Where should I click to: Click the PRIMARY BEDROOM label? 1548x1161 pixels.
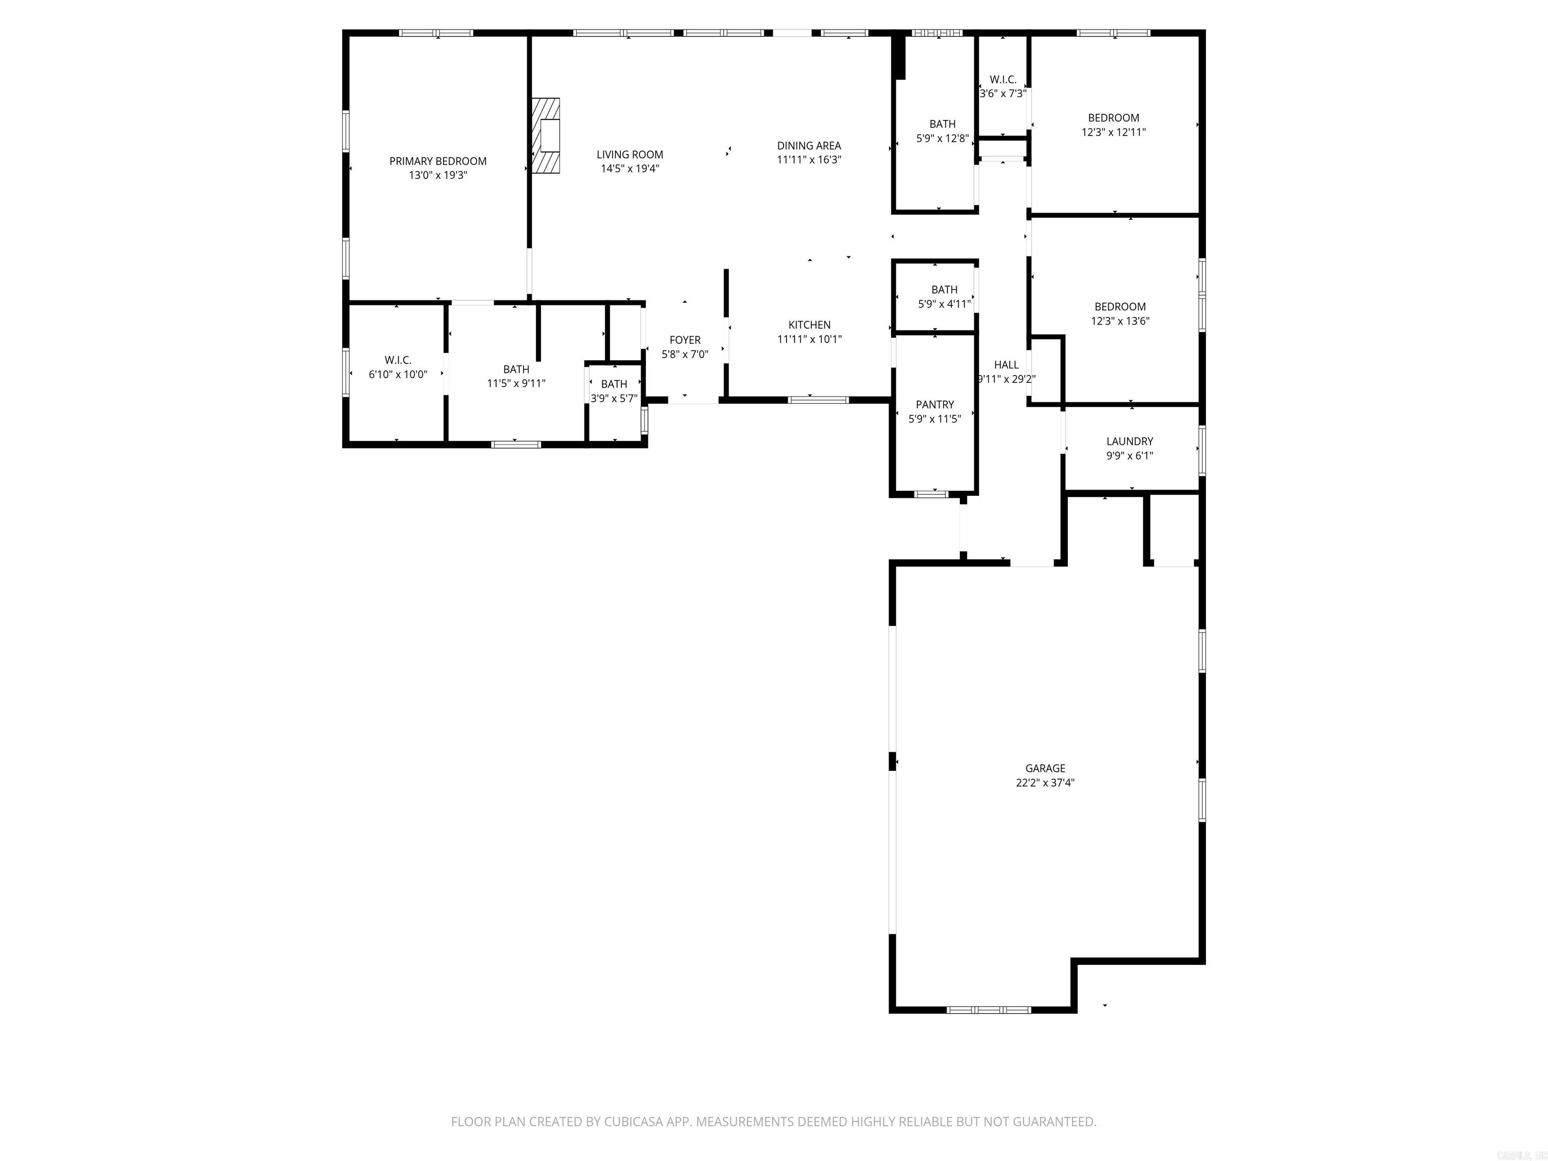point(437,161)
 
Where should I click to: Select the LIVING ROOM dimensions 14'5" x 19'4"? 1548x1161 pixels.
point(630,169)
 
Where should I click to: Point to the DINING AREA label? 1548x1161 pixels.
point(809,146)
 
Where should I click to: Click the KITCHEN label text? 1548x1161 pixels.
point(809,325)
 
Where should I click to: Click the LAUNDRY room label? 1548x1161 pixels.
point(1130,441)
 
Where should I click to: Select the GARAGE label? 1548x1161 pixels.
point(1045,768)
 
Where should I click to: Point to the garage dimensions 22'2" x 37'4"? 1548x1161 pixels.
point(1045,783)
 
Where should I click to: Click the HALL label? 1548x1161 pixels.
point(1006,365)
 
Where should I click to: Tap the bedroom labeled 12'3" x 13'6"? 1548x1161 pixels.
point(1120,313)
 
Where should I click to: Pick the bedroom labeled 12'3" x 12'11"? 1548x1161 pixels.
point(1114,124)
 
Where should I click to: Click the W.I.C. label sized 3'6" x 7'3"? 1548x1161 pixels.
point(1003,86)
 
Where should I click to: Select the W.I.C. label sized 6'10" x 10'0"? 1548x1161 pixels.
point(398,367)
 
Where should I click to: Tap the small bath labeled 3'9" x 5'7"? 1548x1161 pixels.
point(614,391)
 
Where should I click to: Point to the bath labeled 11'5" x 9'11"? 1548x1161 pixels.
point(516,376)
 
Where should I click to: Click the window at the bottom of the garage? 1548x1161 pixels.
point(988,1010)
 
